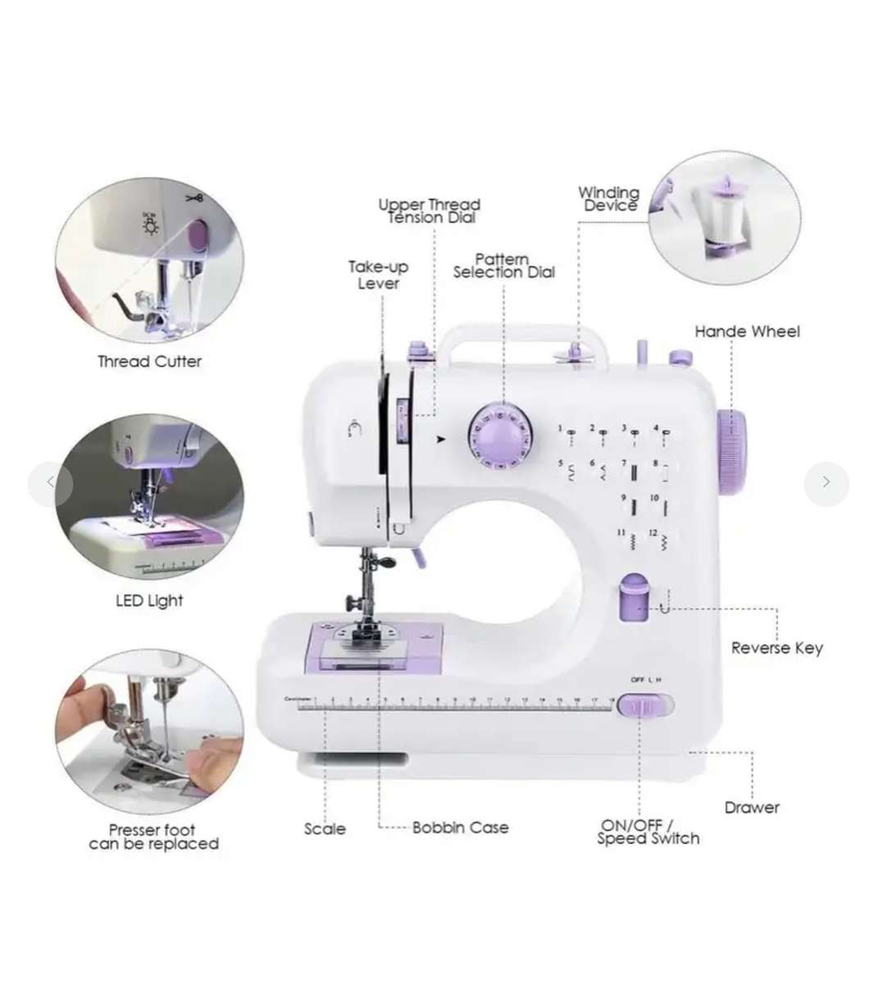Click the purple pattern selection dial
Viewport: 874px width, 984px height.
500,437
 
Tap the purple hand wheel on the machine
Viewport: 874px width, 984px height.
732,452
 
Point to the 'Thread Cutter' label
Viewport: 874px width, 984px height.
149,362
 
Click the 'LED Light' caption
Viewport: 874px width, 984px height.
149,601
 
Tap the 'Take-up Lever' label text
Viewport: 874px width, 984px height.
378,275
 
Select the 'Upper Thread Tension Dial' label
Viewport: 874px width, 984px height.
430,211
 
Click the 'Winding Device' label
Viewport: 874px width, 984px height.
608,198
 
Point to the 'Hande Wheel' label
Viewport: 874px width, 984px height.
747,331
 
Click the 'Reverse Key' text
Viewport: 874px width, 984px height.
776,648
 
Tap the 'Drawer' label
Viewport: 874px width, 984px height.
752,808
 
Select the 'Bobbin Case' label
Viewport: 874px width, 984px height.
460,828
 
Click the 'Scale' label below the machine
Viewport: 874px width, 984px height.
325,829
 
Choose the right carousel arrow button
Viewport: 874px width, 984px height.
826,482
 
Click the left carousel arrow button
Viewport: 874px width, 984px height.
50,482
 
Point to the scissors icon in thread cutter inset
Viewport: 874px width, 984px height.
193,198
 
